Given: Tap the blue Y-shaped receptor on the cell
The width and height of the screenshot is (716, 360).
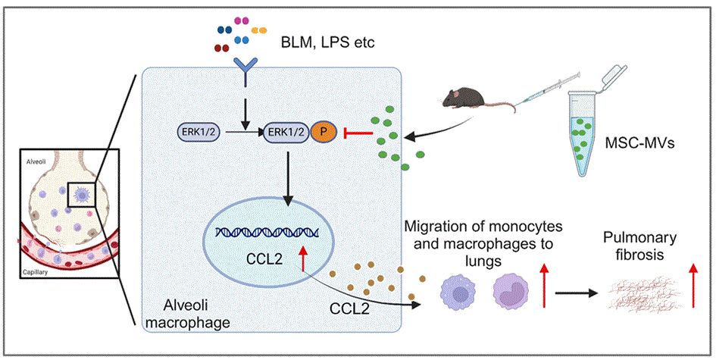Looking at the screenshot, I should click(245, 72).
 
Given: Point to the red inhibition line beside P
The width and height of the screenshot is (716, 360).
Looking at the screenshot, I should click(360, 135).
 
